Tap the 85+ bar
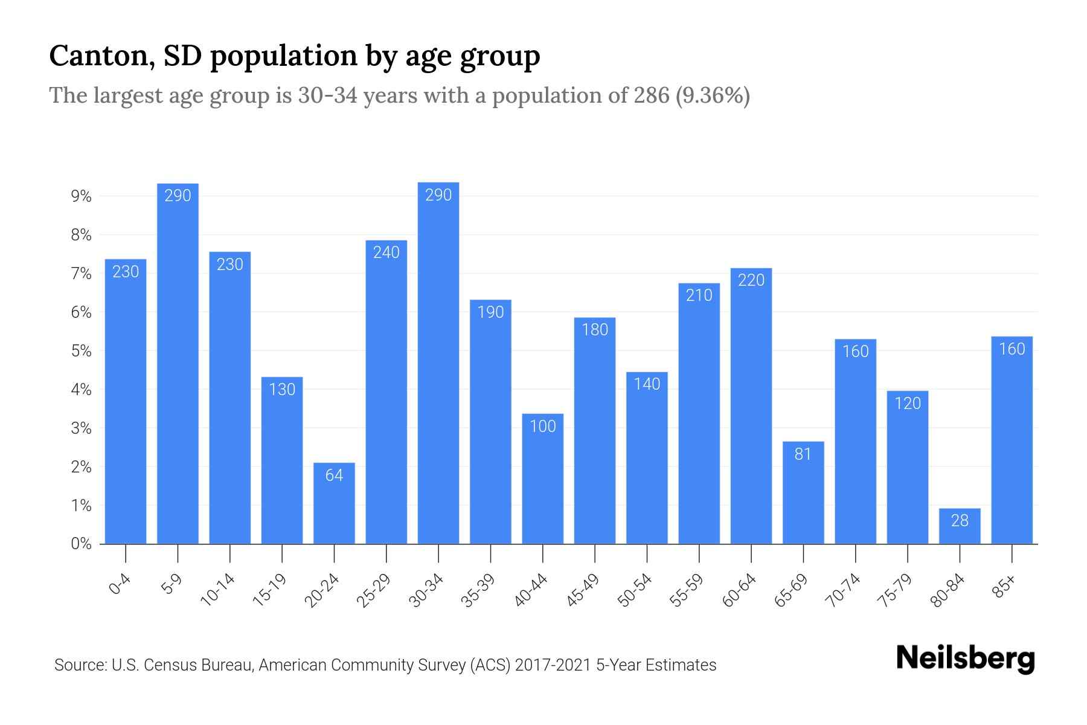tap(1012, 441)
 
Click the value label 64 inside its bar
tap(334, 475)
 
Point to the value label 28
tap(960, 521)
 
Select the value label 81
tap(803, 454)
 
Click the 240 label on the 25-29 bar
tap(386, 253)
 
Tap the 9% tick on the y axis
tap(81, 196)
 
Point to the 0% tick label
tap(81, 544)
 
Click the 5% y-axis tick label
tap(81, 351)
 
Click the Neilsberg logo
tap(965, 659)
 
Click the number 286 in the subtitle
tap(652, 95)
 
